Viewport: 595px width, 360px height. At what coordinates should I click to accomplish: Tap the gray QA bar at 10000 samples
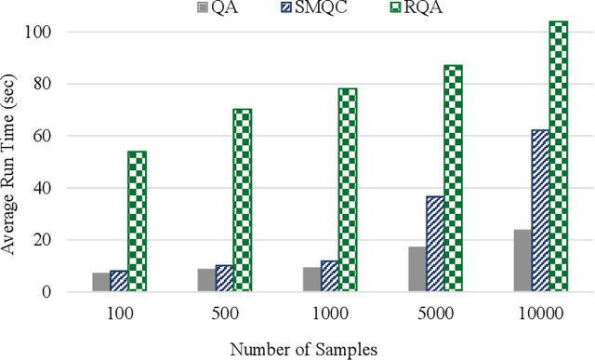click(x=522, y=260)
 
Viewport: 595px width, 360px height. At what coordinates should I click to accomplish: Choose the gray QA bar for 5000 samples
click(x=416, y=269)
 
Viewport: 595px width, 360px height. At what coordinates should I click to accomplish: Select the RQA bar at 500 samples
click(x=243, y=200)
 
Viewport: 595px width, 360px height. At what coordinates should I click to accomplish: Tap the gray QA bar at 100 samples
click(x=100, y=282)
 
